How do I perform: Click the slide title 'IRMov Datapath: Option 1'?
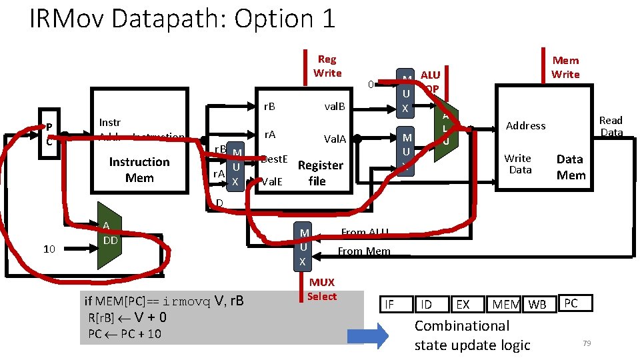pos(182,19)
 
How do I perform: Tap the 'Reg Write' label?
pos(327,66)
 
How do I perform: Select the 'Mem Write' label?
pos(565,67)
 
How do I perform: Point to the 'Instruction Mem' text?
pos(139,170)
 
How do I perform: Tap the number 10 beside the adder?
pos(49,249)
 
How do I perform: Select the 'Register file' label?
pos(320,173)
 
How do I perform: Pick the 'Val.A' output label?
pos(335,139)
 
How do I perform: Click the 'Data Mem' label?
pos(571,167)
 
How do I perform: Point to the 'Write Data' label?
pos(519,164)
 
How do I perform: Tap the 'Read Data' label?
pos(611,126)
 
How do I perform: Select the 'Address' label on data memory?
pos(525,125)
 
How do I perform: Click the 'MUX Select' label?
pos(322,289)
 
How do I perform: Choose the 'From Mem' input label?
pos(363,251)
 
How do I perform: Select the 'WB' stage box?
pos(537,305)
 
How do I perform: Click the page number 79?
pos(587,343)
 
